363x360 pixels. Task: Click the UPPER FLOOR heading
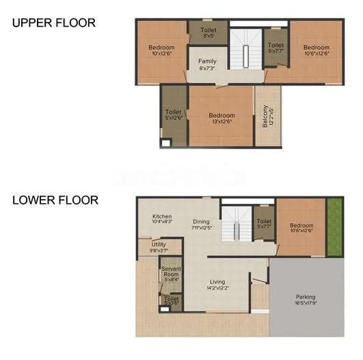tap(53, 23)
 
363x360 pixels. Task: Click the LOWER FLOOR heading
tap(55, 201)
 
